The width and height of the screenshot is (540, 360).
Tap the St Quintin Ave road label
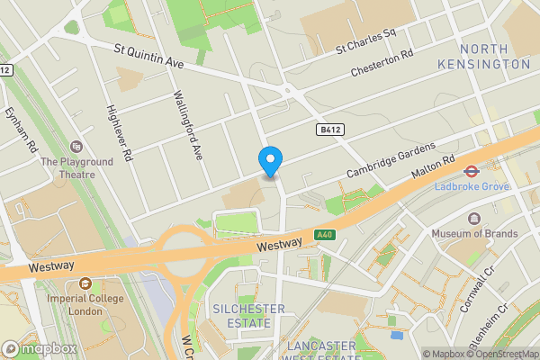click(x=148, y=58)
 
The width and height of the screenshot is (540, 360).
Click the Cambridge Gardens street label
click(x=391, y=159)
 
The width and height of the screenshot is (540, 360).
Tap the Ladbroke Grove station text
click(x=471, y=186)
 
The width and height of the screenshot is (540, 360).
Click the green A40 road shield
click(x=325, y=235)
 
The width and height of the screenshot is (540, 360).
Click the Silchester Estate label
click(x=247, y=316)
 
